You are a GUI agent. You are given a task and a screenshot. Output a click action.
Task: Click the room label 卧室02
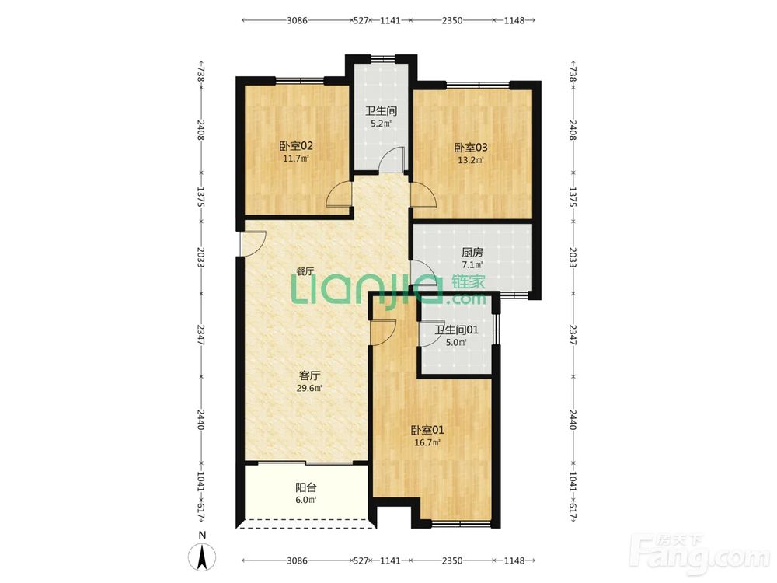[296, 146]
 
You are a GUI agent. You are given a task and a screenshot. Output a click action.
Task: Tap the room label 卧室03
[471, 147]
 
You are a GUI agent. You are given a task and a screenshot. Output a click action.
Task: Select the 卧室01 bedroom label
[427, 430]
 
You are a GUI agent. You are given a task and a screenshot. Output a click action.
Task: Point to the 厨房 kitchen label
[472, 253]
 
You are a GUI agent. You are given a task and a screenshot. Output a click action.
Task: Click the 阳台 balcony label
[305, 487]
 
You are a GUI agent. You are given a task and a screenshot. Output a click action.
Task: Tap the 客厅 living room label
[309, 375]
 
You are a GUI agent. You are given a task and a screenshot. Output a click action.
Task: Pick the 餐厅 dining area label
[305, 271]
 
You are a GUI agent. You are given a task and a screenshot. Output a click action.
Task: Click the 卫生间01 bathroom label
[456, 330]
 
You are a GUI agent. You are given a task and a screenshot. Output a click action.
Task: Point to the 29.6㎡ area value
[309, 388]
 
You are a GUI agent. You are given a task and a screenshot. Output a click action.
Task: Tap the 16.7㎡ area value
[427, 443]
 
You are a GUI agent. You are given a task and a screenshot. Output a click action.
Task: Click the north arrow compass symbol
[202, 557]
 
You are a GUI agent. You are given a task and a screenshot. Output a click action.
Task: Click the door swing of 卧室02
[340, 195]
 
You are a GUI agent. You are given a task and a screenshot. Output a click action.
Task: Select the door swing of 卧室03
[423, 195]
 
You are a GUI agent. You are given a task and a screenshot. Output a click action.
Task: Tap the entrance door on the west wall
[253, 244]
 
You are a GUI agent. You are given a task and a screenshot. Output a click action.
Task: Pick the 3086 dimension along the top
[298, 20]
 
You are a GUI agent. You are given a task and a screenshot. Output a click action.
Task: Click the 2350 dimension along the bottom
[452, 560]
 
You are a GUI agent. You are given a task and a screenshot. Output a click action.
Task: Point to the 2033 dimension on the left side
[200, 257]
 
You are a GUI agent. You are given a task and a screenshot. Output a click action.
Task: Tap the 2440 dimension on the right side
[573, 420]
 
